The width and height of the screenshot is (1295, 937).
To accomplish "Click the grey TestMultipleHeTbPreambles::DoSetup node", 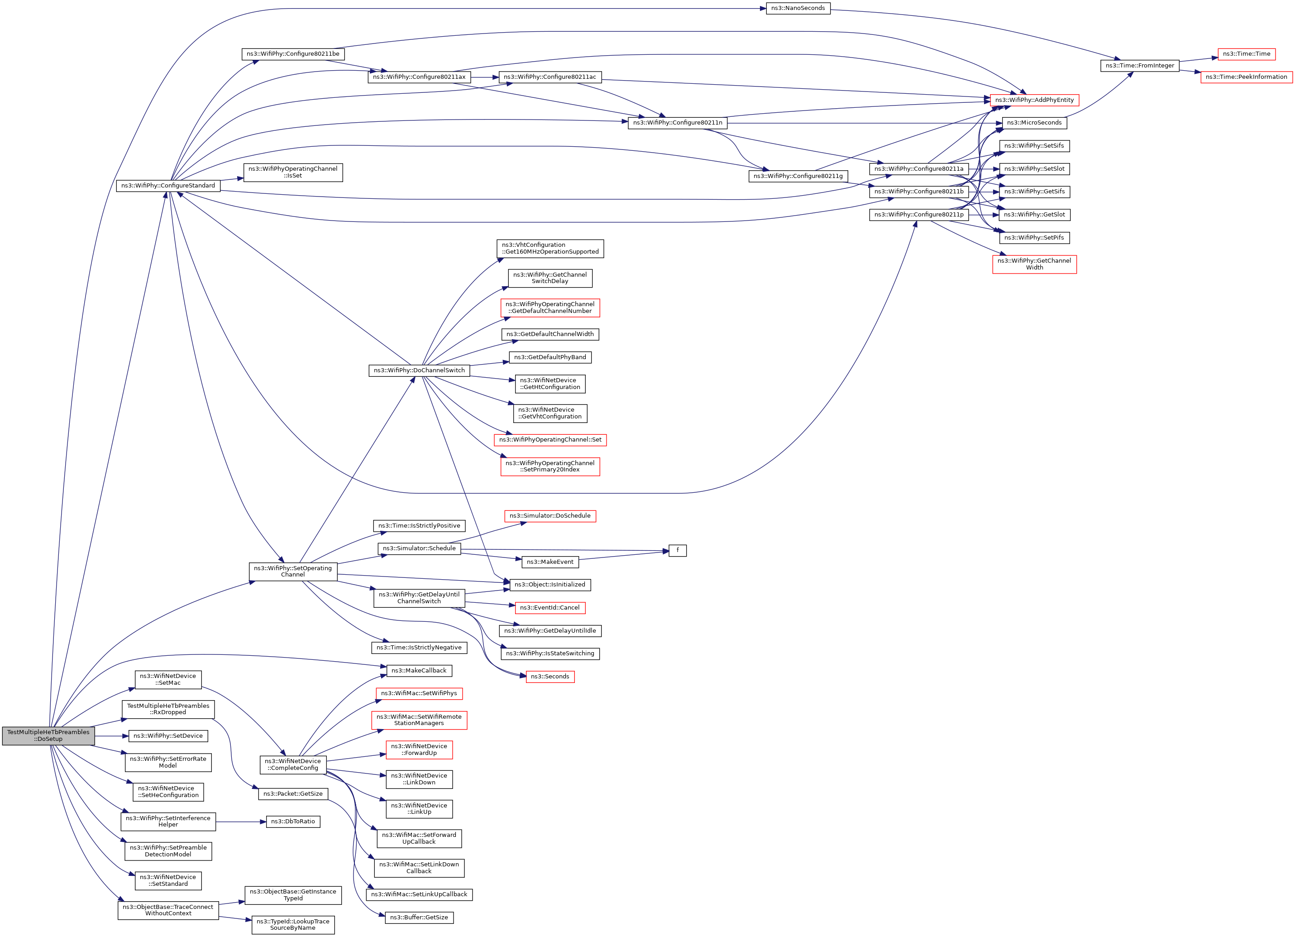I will tap(48, 735).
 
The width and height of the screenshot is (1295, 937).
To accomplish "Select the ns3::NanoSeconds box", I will tap(798, 8).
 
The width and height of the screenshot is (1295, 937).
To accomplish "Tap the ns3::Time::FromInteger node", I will tap(1139, 66).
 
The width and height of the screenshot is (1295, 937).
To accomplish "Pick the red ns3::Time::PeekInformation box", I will tap(1246, 77).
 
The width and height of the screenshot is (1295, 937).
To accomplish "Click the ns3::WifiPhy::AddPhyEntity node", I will tap(1034, 100).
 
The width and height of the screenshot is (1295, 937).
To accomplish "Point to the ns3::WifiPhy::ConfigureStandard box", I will tap(168, 186).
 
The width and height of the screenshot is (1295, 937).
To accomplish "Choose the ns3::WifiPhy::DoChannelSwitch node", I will tap(419, 370).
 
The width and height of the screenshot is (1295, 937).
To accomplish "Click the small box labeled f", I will tap(677, 550).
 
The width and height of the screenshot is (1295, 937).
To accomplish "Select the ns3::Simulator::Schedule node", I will tap(419, 548).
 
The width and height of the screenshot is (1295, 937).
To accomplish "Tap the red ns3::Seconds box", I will tap(550, 677).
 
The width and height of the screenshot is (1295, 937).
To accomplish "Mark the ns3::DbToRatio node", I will tap(293, 822).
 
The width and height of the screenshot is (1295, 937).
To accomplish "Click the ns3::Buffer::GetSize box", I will tap(419, 918).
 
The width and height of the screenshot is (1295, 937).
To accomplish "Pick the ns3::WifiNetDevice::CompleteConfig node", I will tap(293, 764).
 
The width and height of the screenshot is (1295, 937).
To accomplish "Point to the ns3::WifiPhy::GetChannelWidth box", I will tap(1034, 264).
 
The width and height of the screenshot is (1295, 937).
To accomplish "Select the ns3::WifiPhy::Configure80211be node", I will tap(293, 54).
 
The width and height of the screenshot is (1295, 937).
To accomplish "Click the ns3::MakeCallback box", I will tap(419, 671).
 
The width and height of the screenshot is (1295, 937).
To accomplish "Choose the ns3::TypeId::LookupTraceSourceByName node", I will tap(293, 924).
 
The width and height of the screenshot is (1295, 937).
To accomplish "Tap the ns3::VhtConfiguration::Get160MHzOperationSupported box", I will tap(550, 249).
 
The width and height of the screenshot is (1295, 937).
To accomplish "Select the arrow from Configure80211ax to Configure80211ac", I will tap(485, 77).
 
